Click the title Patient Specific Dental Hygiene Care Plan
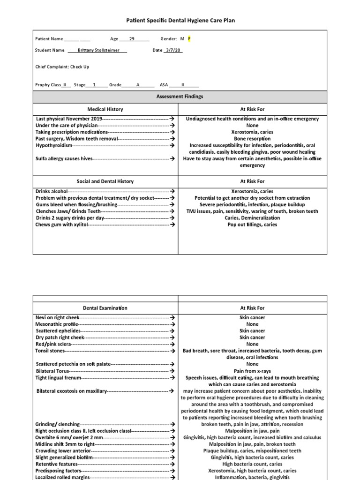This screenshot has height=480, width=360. pyautogui.click(x=180, y=21)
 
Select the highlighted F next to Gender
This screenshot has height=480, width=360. pyautogui.click(x=189, y=39)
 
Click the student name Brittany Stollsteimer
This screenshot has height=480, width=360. pyautogui.click(x=97, y=50)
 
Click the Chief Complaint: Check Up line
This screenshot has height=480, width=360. pyautogui.click(x=62, y=67)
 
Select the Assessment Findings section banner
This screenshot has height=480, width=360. pyautogui.click(x=180, y=97)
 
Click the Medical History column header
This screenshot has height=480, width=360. pyautogui.click(x=105, y=109)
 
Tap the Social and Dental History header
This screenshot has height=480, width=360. pyautogui.click(x=105, y=181)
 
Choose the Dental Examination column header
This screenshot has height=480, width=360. pyautogui.click(x=105, y=308)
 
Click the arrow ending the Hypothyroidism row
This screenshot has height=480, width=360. pyautogui.click(x=172, y=146)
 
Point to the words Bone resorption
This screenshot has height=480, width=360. pyautogui.click(x=252, y=139)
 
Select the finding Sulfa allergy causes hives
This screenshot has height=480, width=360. pyautogui.click(x=64, y=159)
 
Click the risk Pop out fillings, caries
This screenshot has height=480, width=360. pyautogui.click(x=252, y=225)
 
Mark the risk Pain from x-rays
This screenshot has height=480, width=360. pyautogui.click(x=252, y=371)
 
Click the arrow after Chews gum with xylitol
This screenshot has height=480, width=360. pyautogui.click(x=172, y=225)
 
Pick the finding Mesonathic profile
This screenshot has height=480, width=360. pyautogui.click(x=57, y=324)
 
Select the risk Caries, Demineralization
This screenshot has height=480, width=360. pyautogui.click(x=252, y=218)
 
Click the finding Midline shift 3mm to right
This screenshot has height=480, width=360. pyautogui.click(x=65, y=444)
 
